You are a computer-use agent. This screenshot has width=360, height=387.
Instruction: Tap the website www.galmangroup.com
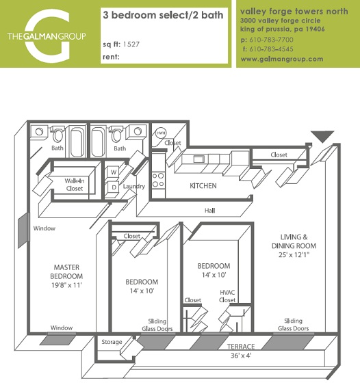281,59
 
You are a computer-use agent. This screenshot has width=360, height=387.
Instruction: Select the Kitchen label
203,185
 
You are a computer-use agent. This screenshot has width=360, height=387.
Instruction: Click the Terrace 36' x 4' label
241,351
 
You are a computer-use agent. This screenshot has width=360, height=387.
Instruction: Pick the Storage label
112,342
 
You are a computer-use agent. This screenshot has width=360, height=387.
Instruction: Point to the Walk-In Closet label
74,185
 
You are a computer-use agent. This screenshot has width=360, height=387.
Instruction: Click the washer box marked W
113,172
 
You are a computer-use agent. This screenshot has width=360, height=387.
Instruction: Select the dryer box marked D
113,187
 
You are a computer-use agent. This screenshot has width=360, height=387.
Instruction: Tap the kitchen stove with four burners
158,179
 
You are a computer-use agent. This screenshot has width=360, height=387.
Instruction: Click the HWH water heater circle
162,133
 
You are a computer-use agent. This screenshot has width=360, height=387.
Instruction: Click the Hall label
209,210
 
